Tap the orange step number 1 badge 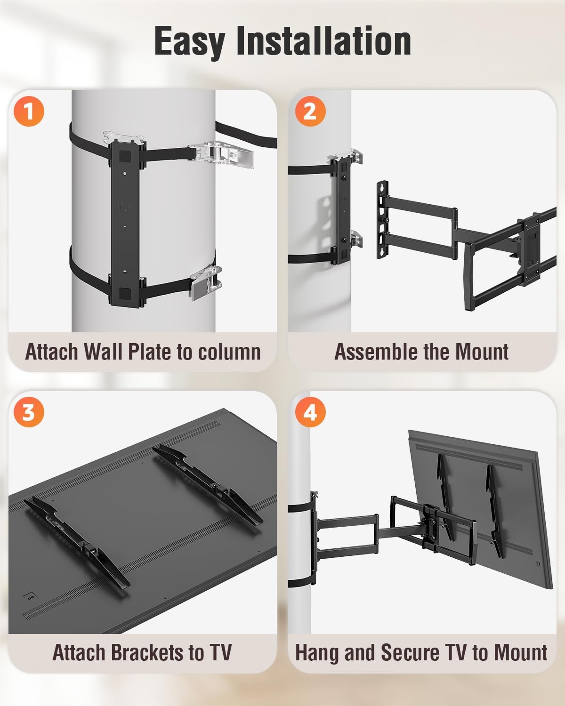click(29, 112)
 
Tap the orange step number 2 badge click(309, 112)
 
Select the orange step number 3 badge click(29, 413)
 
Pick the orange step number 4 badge click(309, 413)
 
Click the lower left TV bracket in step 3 click(78, 541)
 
